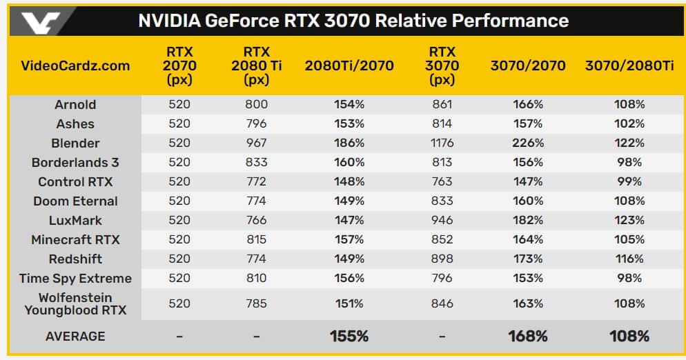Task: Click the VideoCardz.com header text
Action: (x=76, y=66)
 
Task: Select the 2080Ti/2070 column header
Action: (x=349, y=66)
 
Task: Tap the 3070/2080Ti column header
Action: (x=629, y=66)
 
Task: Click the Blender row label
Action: (x=75, y=143)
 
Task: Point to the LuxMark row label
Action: (x=75, y=221)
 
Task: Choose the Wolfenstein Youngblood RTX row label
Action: (x=75, y=303)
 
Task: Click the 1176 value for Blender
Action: (x=442, y=143)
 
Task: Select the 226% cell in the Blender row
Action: (x=528, y=143)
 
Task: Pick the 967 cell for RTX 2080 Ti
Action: (x=256, y=143)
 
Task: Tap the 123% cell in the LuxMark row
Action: (x=629, y=221)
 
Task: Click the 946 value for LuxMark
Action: (x=442, y=221)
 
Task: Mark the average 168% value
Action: (x=528, y=337)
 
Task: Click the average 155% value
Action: (x=349, y=337)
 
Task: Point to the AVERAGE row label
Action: (x=75, y=337)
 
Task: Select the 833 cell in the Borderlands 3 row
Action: (x=256, y=163)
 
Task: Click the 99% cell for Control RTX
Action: (x=629, y=182)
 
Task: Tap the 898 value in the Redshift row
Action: (x=442, y=259)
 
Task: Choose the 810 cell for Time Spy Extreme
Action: (x=256, y=279)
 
